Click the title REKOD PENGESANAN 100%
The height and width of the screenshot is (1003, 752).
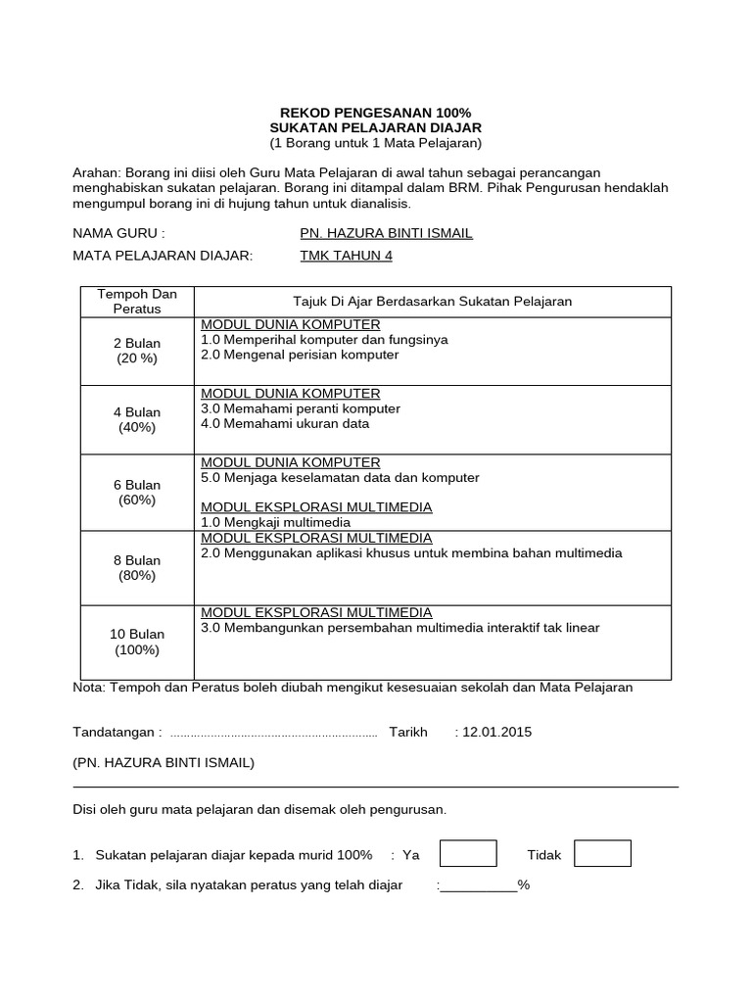[x=376, y=114]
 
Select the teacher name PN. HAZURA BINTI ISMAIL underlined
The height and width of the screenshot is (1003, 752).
[x=386, y=233]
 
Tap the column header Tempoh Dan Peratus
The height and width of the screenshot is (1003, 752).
[x=137, y=302]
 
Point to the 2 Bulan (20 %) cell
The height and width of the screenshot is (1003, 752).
[x=137, y=351]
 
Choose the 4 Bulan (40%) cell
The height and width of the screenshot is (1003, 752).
[x=137, y=420]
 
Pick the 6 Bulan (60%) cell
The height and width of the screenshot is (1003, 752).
[x=137, y=493]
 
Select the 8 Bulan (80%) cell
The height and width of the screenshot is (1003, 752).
[x=137, y=568]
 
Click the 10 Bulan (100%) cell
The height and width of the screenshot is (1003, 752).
[x=137, y=643]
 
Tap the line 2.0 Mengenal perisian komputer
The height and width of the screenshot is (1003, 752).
[x=300, y=355]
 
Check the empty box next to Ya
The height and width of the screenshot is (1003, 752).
[x=468, y=854]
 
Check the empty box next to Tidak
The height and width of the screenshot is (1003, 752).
[x=602, y=854]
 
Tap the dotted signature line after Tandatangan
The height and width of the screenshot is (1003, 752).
[x=273, y=734]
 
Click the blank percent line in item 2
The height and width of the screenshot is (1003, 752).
[x=479, y=885]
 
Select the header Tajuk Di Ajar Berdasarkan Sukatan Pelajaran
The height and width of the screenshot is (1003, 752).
[x=433, y=302]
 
